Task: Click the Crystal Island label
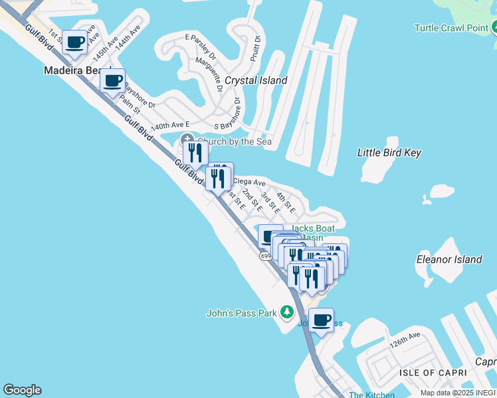[x=256, y=80]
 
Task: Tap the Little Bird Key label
[x=389, y=153]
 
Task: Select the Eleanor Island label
[x=448, y=259]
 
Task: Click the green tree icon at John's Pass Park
[x=287, y=312]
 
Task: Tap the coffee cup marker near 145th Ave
[x=75, y=42]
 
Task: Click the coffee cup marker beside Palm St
[x=113, y=81]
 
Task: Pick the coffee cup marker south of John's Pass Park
[x=322, y=320]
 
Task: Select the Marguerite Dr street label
[x=209, y=73]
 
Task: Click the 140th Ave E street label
[x=171, y=125]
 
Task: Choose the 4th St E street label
[x=286, y=202]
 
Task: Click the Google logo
[x=22, y=390]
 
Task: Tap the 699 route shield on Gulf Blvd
[x=266, y=256]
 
